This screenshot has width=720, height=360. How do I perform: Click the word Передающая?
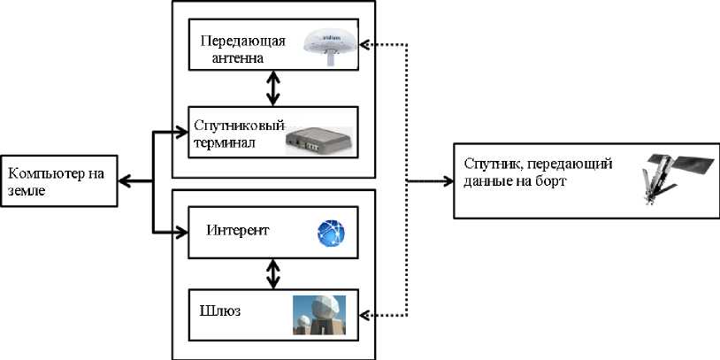coord(243,42)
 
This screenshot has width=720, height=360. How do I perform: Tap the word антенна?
coord(237,58)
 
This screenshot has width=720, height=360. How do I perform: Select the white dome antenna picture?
coord(331,47)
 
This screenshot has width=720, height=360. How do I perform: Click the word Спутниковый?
coord(240,126)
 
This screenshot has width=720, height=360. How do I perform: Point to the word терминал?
coord(224,142)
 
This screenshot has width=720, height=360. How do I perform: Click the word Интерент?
coord(238,230)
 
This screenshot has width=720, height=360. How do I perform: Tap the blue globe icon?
coord(331,234)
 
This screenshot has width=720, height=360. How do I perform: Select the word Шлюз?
coord(221,310)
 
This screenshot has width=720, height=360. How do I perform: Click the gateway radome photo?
coord(319,315)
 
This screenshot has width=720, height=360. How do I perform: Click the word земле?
coord(27,190)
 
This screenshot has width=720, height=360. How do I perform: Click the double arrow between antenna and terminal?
coord(273,88)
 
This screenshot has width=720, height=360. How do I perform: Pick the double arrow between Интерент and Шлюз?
coord(273,273)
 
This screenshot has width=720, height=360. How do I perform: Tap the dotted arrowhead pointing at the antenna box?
coord(365,44)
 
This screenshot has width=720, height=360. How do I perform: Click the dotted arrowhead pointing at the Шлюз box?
coord(365,315)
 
